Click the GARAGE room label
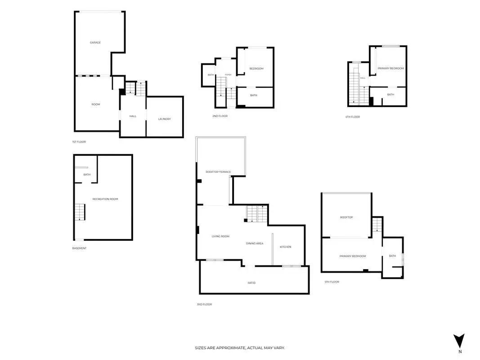point(95,43)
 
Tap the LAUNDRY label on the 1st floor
point(164,119)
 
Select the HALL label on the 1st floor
point(133,117)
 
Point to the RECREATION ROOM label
point(105,199)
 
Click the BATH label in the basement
point(87,175)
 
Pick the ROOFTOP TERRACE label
point(218,172)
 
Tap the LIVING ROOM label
point(220,236)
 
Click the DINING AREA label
point(255,243)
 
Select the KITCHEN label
point(286,247)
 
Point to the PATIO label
point(251,283)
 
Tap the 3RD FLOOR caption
point(205,304)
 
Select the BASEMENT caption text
point(79,248)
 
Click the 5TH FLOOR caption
point(332,282)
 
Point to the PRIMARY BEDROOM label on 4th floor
point(390,68)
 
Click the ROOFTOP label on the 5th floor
point(346,217)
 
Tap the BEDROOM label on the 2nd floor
point(256,68)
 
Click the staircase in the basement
point(80,212)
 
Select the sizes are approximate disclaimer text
point(240,348)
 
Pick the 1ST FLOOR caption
point(79,142)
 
